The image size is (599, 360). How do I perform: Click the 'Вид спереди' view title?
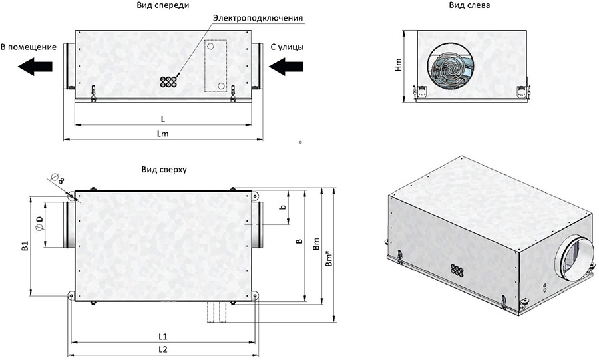pos(163,5)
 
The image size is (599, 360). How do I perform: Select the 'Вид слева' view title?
pos(469,5)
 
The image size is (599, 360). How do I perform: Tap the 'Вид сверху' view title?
pos(164,170)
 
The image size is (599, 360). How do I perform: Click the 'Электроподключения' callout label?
pos(258,18)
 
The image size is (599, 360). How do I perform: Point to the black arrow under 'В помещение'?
pos(35,66)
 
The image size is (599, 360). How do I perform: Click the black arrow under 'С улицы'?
pos(286,66)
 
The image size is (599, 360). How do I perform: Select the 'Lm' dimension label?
pos(163,134)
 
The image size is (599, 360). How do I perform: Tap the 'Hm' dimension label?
pos(399,65)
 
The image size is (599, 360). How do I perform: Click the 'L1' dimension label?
pos(163,337)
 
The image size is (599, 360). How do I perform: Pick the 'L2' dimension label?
pos(163,349)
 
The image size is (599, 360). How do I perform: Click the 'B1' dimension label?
pos(25,246)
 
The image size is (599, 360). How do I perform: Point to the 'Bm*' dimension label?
pos(329,257)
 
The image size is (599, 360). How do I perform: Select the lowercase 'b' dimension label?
pos(283,208)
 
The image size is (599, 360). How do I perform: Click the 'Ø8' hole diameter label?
pos(57,178)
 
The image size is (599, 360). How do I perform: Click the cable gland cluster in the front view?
pos(168,82)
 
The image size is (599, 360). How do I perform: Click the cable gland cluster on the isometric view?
pos(457,270)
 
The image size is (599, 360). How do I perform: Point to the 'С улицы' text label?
pos(288,47)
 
